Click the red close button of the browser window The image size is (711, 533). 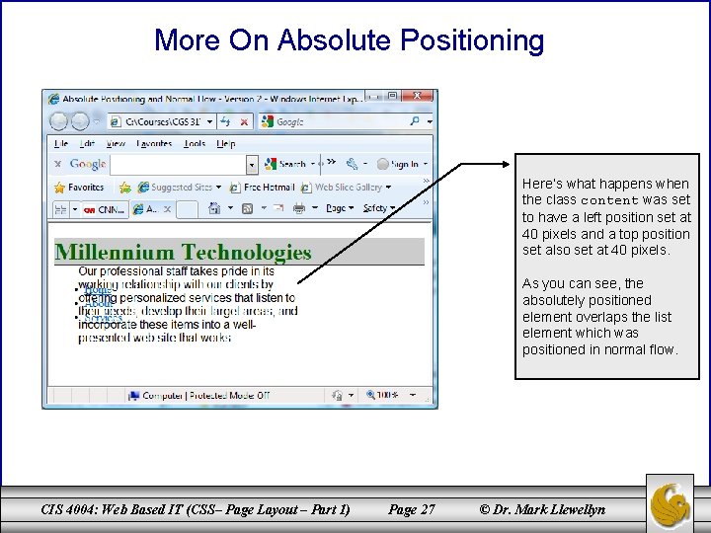pyautogui.click(x=418, y=96)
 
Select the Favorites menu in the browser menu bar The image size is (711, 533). pyautogui.click(x=153, y=143)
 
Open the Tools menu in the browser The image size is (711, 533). pyautogui.click(x=195, y=143)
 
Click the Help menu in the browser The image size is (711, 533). pyautogui.click(x=226, y=143)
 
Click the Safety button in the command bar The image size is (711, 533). pyautogui.click(x=375, y=208)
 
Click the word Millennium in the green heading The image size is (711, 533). pyautogui.click(x=114, y=253)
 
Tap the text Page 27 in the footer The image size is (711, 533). pyautogui.click(x=412, y=509)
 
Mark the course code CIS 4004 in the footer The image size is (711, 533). pyautogui.click(x=76, y=509)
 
